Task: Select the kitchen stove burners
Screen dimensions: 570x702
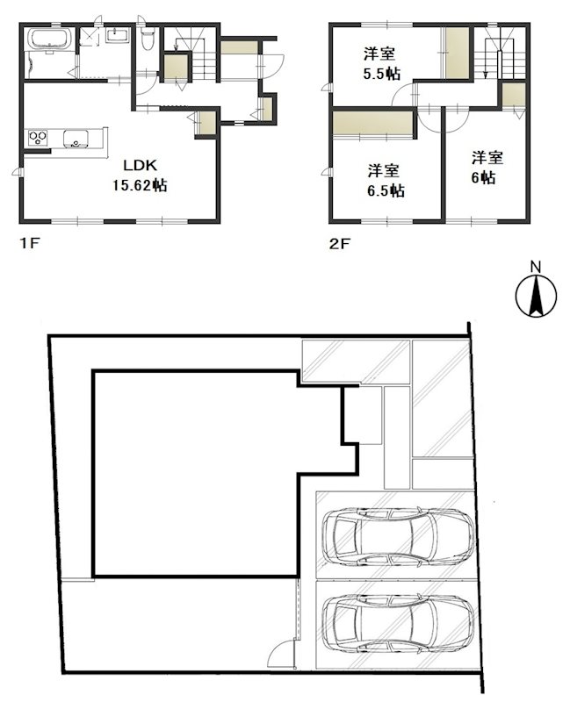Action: [x=38, y=138]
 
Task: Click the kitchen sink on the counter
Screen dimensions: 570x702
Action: [x=76, y=138]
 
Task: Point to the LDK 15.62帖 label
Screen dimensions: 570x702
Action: [x=140, y=175]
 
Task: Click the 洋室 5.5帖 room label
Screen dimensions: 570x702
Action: [x=381, y=64]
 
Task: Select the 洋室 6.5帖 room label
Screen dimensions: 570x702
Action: [x=386, y=181]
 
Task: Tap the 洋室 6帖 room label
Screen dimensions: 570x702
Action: [x=487, y=168]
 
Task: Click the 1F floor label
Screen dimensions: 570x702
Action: [x=30, y=244]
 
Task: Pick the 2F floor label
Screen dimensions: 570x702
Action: [x=339, y=244]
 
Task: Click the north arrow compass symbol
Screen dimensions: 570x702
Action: [x=536, y=297]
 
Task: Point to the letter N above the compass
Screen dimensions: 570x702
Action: [x=536, y=268]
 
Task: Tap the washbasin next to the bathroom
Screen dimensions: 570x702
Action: [x=118, y=35]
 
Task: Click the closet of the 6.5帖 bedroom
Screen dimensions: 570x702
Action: [x=372, y=123]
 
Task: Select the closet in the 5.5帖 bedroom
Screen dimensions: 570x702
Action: [x=457, y=53]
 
